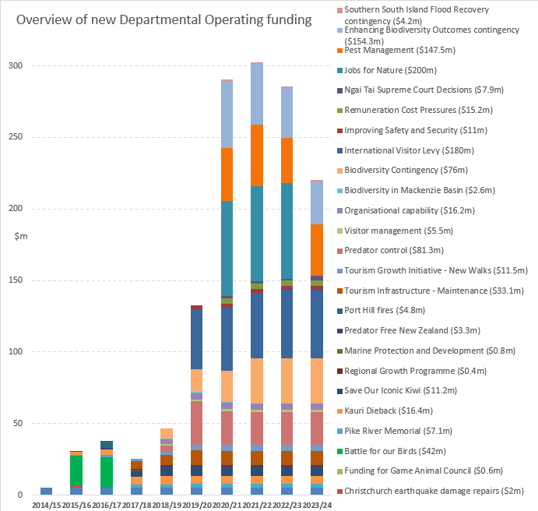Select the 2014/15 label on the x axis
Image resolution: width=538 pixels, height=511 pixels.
46,504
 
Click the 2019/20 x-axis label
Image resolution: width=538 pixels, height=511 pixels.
197,504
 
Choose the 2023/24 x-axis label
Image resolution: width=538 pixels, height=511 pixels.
317,504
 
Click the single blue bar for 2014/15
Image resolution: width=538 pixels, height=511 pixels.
46,491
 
